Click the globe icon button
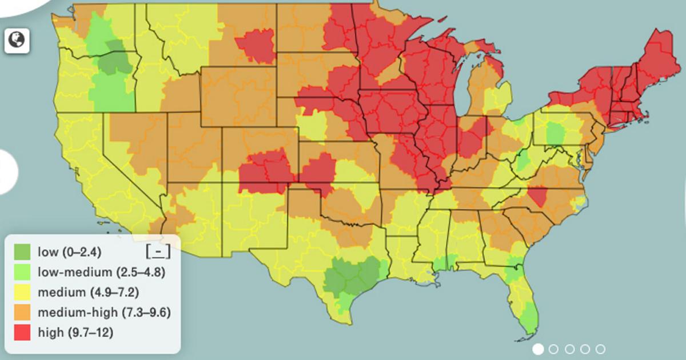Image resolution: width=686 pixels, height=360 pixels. [x=17, y=40]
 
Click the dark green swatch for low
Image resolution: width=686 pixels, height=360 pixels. [x=22, y=251]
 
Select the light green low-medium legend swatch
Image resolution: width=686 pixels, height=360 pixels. [x=22, y=272]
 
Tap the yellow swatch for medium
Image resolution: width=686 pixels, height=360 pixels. [x=22, y=293]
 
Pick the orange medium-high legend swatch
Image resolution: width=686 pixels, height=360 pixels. [x=22, y=313]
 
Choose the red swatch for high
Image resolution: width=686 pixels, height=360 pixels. [x=22, y=333]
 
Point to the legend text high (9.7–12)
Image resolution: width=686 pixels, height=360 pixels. [x=75, y=333]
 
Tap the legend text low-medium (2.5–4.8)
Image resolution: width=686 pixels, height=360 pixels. [x=101, y=272]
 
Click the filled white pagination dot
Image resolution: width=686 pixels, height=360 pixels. [x=538, y=349]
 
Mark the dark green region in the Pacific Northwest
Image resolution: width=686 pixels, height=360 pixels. [x=114, y=57]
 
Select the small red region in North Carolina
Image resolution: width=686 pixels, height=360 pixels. [x=537, y=196]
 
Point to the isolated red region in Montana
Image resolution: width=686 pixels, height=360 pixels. [x=256, y=45]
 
